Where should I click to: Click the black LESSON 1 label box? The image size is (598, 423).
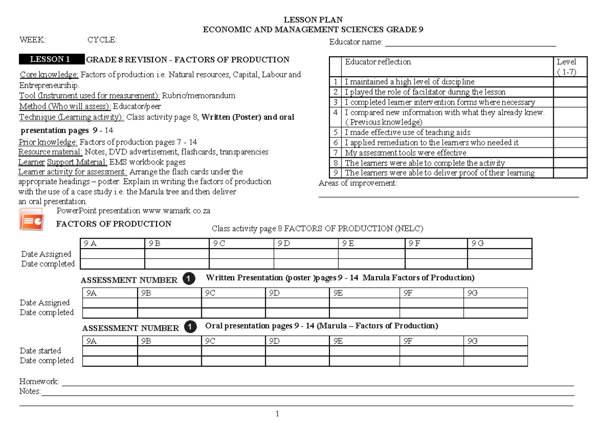[x=51, y=60]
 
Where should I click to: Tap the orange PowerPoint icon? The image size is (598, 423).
[x=32, y=219]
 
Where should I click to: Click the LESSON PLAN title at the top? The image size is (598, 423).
[x=313, y=20]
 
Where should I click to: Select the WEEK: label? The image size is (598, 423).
[x=32, y=40]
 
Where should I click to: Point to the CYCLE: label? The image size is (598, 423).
[x=102, y=40]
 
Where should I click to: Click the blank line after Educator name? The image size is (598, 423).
[x=470, y=42]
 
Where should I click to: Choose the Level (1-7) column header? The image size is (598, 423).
[x=567, y=66]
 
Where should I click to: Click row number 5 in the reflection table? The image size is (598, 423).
[x=336, y=133]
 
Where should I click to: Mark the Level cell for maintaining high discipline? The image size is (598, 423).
[x=570, y=82]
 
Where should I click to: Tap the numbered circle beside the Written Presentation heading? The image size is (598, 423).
[x=189, y=279]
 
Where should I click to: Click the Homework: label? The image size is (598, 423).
[x=39, y=382]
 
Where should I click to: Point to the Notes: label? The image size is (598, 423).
[x=30, y=392]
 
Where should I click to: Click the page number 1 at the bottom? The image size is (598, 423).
[x=277, y=414]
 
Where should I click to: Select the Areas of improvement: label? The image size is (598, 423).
[x=358, y=183]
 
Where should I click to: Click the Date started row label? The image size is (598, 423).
[x=40, y=351]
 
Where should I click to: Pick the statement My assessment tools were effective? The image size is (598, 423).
[x=405, y=153]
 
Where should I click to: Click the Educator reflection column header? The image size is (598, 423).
[x=378, y=62]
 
